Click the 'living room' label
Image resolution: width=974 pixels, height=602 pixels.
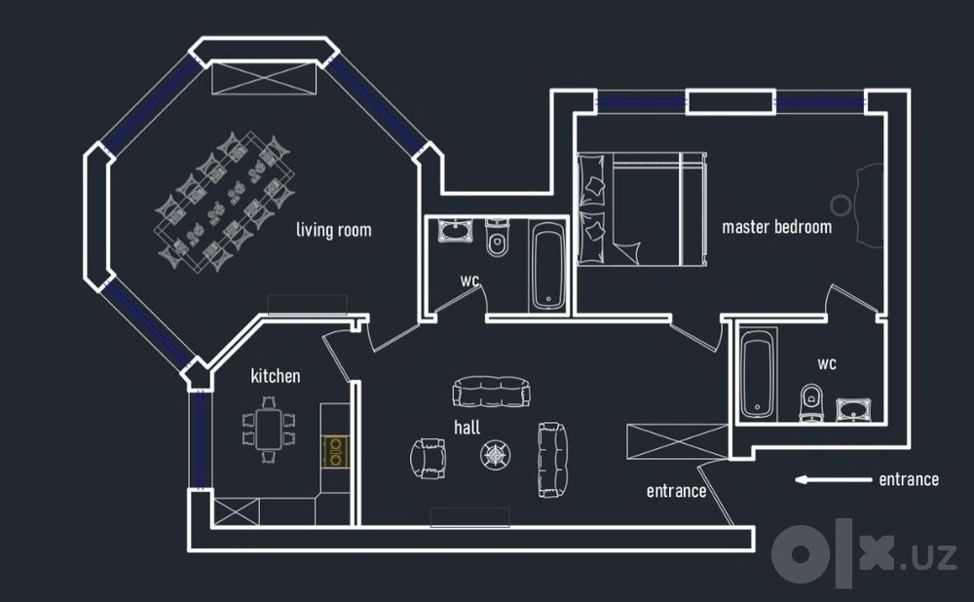[x=333, y=231]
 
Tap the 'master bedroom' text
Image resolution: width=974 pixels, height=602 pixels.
[x=776, y=227]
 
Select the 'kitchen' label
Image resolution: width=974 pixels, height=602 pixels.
[x=276, y=376]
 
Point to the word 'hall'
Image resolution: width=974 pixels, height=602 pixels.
[x=468, y=427]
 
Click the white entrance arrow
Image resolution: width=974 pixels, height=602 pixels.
[x=833, y=479]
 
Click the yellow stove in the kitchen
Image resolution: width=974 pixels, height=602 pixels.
[x=335, y=452]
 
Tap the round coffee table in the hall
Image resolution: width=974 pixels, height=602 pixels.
[x=495, y=455]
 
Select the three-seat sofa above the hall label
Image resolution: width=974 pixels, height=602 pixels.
[x=491, y=392]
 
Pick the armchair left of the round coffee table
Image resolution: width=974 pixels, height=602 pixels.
[x=429, y=459]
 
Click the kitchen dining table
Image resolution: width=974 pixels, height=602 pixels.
[x=269, y=430]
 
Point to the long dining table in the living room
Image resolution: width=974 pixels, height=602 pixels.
[x=224, y=202]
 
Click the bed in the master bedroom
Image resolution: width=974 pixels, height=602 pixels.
[x=642, y=208]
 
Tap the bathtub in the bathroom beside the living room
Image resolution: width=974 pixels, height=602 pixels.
[x=548, y=267]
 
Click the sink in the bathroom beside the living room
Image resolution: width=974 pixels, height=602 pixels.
[x=455, y=230]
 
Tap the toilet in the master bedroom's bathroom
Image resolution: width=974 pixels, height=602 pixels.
[x=810, y=402]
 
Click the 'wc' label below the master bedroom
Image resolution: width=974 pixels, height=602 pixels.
[x=827, y=364]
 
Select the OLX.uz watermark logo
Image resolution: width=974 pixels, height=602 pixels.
[x=863, y=553]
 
